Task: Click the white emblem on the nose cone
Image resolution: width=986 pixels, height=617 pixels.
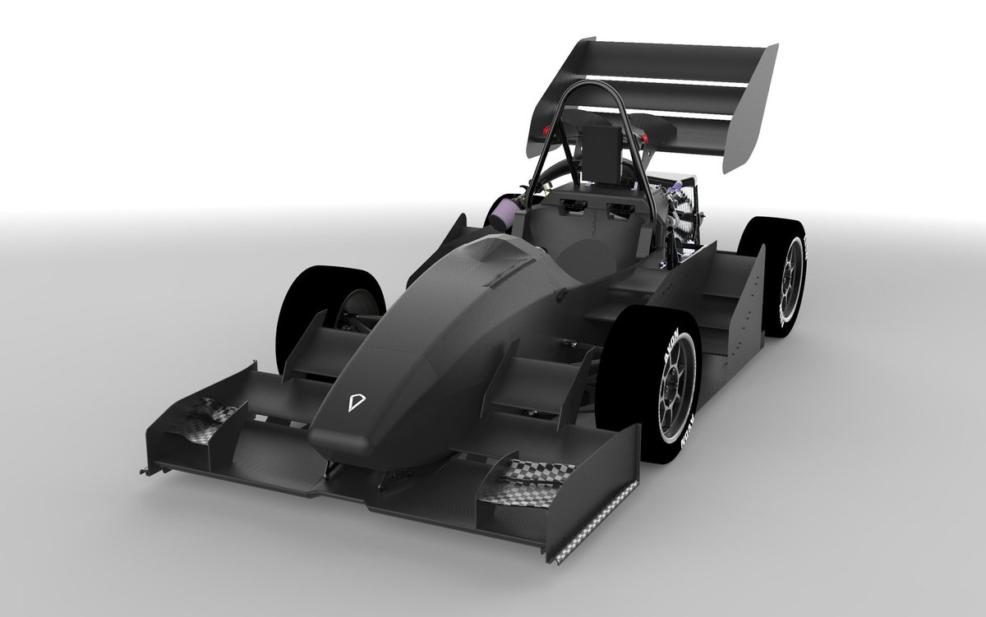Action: click(x=356, y=403)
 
